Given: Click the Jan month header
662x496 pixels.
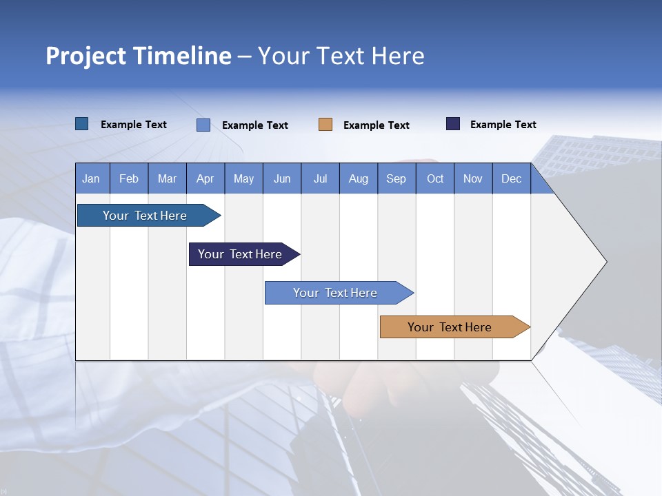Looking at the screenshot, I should point(91,178).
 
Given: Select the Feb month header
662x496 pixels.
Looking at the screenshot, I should point(129,178).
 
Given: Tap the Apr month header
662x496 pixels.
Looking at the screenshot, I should point(205,178).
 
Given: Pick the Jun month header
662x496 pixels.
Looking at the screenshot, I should point(282,178).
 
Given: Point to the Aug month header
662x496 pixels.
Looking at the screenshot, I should point(359,178).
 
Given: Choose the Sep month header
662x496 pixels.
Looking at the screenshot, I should point(397,178).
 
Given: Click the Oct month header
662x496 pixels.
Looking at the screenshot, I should point(435,178).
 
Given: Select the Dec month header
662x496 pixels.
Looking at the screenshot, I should point(512,178).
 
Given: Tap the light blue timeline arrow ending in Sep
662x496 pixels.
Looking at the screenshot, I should point(337,293).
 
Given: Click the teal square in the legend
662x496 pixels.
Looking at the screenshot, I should point(82,124).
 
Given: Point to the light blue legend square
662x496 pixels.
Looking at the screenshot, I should point(203,125).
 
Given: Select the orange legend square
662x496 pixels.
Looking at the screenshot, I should point(325,125).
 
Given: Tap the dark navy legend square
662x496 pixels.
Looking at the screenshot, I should point(453,124).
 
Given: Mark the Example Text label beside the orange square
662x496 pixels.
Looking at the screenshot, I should point(377,125).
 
